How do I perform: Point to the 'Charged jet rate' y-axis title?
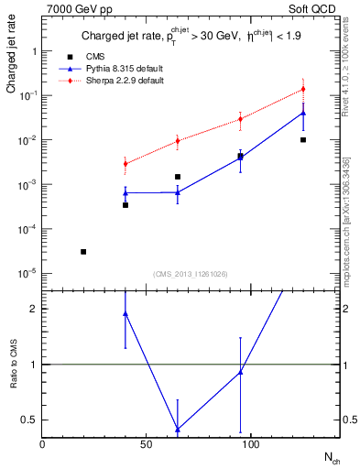(12, 61)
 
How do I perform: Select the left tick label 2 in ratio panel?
(34, 309)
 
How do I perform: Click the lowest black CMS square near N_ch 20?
(83, 251)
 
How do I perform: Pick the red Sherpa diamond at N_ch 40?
(125, 164)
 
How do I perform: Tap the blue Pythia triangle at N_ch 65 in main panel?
(178, 192)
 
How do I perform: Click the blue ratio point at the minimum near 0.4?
(178, 429)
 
